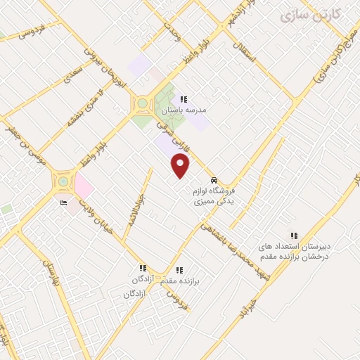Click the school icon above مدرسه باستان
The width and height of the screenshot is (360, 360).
point(184,100)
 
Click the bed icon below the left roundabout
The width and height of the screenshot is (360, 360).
point(64,204)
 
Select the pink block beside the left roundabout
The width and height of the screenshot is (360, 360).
point(83,186)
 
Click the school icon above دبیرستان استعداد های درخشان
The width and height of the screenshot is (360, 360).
point(294,236)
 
